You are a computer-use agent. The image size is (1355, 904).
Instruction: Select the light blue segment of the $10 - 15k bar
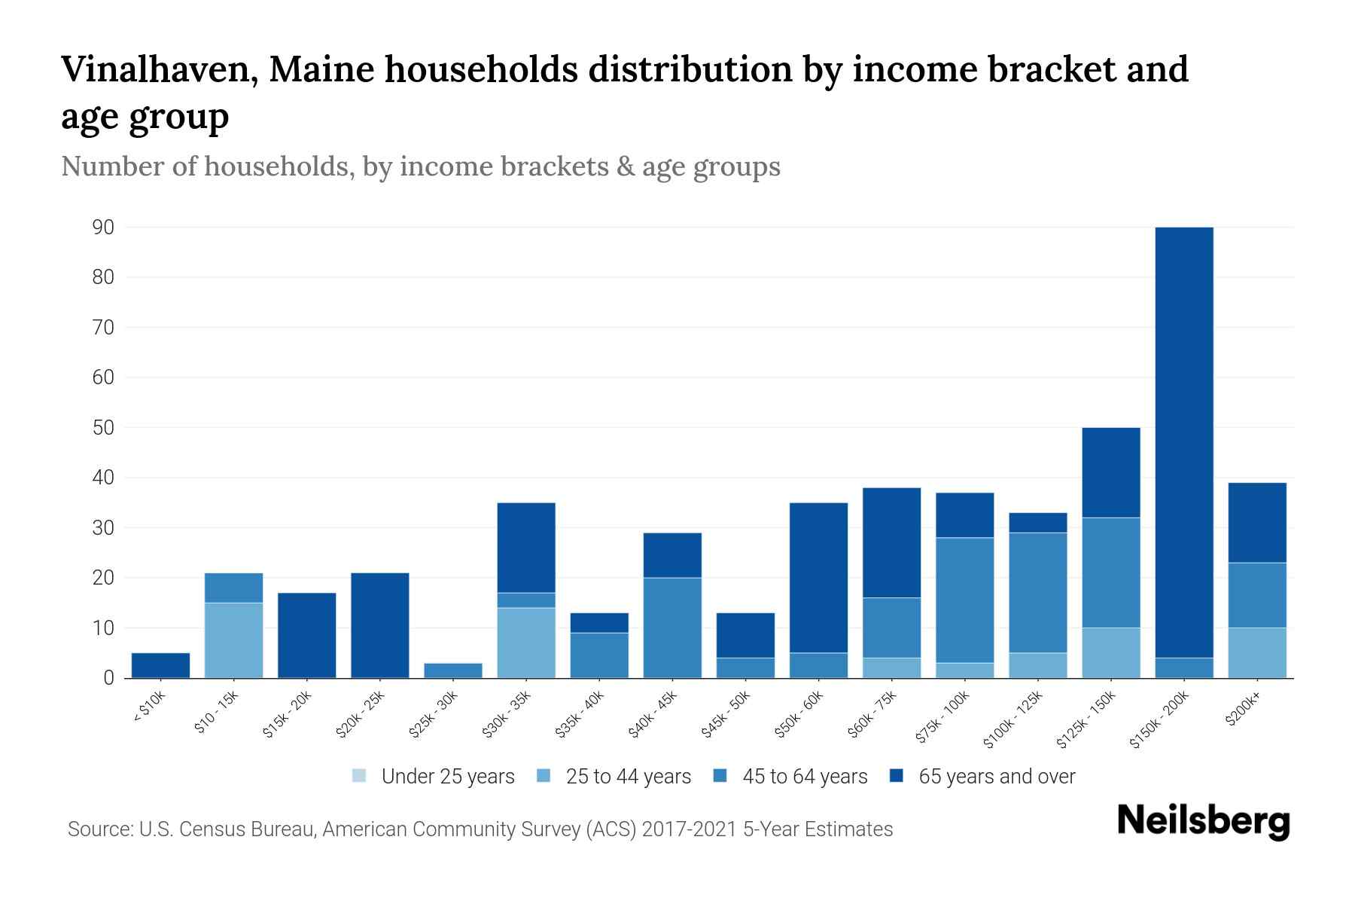(x=234, y=640)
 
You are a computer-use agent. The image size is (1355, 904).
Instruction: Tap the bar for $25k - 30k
(x=453, y=670)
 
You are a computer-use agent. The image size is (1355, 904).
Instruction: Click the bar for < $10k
(x=160, y=665)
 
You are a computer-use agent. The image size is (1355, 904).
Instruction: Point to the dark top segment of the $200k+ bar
(x=1257, y=523)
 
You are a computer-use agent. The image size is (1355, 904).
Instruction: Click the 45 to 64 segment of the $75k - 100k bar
(x=964, y=600)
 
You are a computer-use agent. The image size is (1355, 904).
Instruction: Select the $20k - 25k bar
(x=380, y=625)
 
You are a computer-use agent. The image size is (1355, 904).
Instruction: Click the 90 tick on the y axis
(x=103, y=228)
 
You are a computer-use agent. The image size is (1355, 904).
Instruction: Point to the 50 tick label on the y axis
(x=103, y=428)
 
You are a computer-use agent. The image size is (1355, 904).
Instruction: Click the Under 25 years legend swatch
(x=360, y=776)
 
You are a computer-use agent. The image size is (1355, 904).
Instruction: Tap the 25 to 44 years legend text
(x=628, y=776)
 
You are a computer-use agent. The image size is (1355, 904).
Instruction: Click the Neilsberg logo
(x=1203, y=820)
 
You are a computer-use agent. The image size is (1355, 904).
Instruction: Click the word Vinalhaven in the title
(x=159, y=70)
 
